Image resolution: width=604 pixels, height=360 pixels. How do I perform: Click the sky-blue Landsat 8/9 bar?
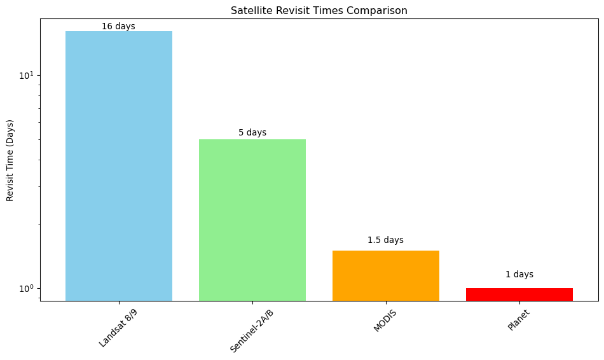119,166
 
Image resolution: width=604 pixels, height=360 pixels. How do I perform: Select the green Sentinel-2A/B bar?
252,219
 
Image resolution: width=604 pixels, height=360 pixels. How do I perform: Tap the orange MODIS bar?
385,275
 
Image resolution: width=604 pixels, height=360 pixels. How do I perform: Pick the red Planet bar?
519,294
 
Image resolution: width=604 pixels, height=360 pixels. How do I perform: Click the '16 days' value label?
118,26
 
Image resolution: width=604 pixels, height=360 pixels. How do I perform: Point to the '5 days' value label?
252,132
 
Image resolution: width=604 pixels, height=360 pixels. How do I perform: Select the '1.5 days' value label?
385,240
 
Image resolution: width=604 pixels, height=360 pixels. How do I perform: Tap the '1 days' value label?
519,274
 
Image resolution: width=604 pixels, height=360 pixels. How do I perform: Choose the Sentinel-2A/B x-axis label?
251,331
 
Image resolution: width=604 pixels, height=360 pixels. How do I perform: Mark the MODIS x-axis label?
385,321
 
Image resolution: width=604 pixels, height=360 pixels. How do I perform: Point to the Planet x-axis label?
518,320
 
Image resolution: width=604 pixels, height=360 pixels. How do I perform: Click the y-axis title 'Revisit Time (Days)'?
10,160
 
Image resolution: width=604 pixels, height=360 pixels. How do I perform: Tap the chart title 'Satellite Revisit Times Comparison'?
319,10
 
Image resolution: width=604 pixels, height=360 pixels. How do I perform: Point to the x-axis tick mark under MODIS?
386,303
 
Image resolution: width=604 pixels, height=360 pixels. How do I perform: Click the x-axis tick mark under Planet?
519,303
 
